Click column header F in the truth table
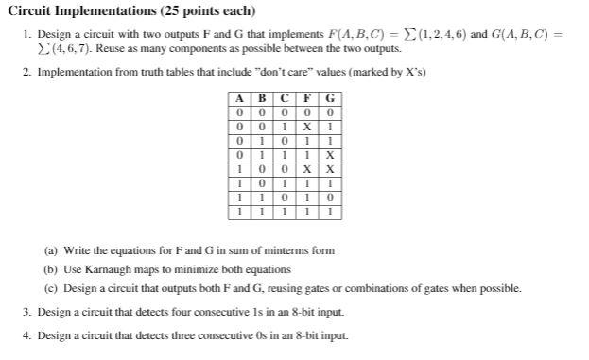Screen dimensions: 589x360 (309, 98)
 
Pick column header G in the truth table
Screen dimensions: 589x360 (329, 98)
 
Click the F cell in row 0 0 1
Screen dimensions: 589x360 (309, 125)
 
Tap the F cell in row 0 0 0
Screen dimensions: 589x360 (309, 111)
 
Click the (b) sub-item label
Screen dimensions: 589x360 (51, 269)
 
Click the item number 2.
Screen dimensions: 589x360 (26, 72)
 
